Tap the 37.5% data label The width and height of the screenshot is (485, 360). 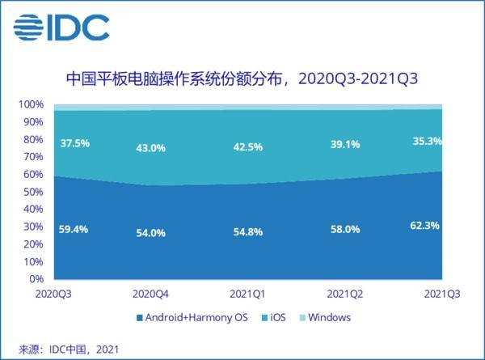pyautogui.click(x=75, y=144)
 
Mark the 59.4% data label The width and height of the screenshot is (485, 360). pyautogui.click(x=75, y=229)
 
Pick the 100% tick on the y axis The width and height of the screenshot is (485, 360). pyautogui.click(x=32, y=104)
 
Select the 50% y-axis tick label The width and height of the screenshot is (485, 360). pyautogui.click(x=34, y=193)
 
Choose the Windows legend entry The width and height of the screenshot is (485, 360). pyautogui.click(x=323, y=317)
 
